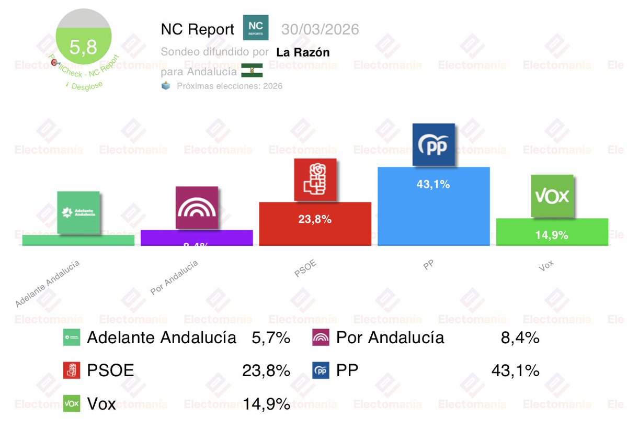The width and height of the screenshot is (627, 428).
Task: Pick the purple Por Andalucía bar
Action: [x=197, y=238]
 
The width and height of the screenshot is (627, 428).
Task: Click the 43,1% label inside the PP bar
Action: [x=433, y=184]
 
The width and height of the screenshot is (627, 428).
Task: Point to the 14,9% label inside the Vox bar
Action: [x=551, y=235]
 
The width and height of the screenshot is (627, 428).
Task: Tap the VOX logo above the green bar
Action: [x=552, y=196]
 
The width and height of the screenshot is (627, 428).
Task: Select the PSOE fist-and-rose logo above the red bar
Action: [x=315, y=181]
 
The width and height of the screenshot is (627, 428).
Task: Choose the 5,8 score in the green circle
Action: [x=84, y=48]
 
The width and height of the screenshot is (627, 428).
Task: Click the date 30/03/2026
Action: [x=320, y=29]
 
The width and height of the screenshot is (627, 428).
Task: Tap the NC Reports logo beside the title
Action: [x=256, y=28]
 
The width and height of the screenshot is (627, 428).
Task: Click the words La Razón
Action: [x=303, y=52]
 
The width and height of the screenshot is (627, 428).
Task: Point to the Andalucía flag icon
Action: [x=252, y=71]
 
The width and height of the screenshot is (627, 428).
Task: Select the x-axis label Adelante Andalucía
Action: [x=48, y=283]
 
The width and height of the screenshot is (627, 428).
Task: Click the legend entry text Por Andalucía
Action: [x=390, y=338]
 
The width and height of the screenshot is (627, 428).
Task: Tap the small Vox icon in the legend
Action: [x=72, y=403]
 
